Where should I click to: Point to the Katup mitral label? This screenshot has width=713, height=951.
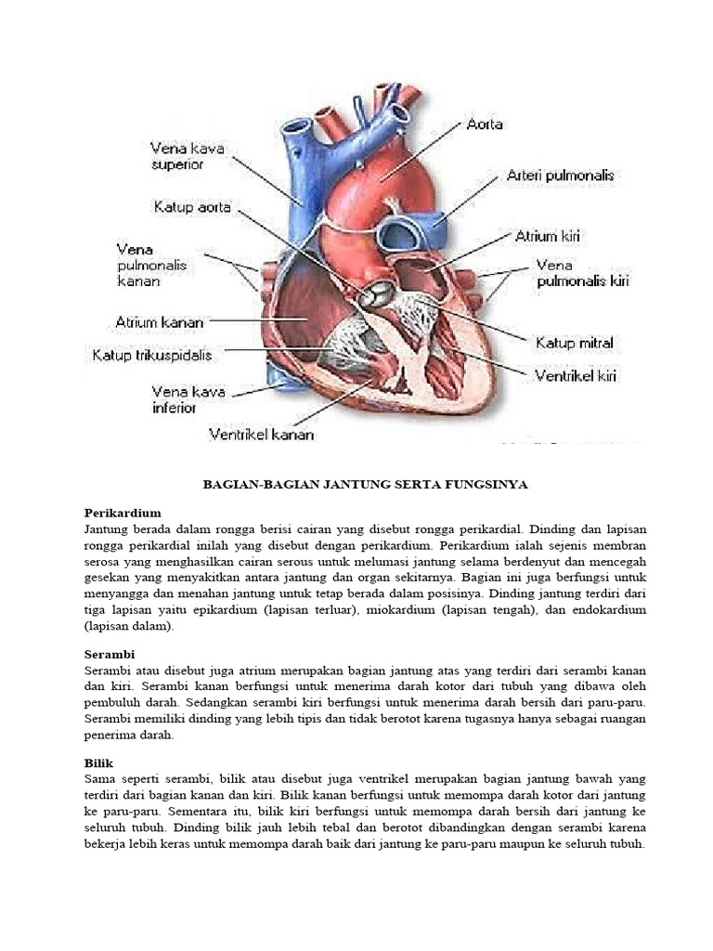575,344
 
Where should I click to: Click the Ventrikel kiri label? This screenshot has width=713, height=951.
575,376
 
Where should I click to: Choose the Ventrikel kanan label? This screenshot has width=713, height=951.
261,434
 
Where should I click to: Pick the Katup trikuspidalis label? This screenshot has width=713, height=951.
151,355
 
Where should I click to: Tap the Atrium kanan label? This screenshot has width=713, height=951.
159,323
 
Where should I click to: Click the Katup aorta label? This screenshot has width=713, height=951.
191,207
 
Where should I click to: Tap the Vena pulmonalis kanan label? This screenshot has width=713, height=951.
151,265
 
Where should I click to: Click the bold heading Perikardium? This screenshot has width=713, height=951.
123,513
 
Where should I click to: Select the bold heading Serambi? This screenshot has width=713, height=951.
110,655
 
